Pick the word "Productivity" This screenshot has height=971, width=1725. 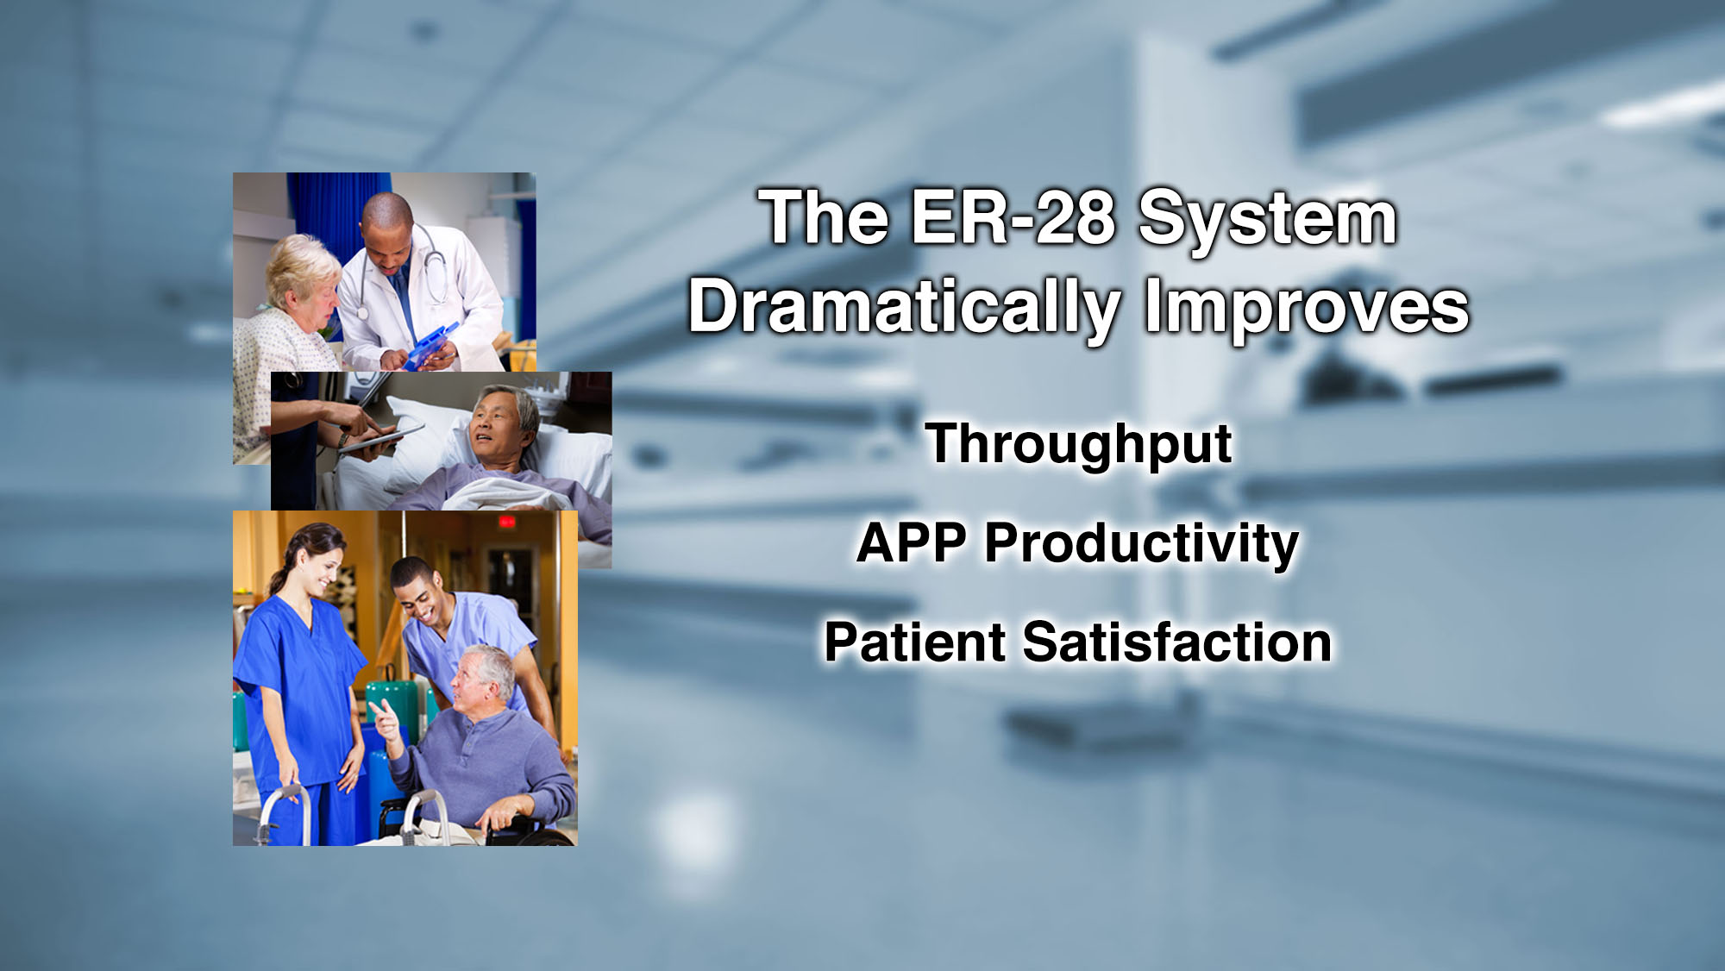[1141, 546]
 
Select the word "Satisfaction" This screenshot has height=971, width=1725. [1177, 642]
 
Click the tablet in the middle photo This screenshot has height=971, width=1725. [380, 438]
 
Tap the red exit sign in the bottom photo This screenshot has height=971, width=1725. [507, 523]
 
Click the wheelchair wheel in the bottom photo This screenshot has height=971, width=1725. [517, 830]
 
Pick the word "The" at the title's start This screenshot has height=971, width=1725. [824, 217]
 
